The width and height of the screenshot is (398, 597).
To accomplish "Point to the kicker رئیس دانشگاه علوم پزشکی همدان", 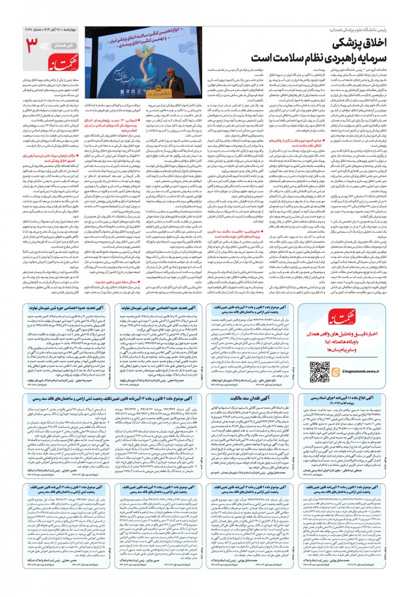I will point(355,28).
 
